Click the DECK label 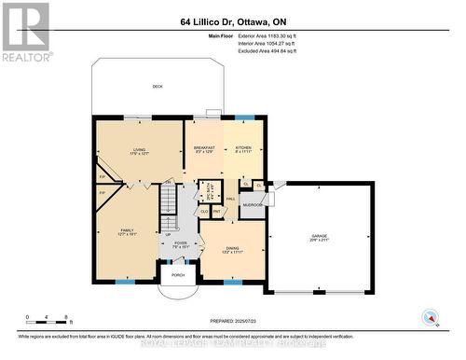158,87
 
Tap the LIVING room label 139,148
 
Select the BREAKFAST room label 204,148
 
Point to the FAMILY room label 126,230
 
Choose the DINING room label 231,250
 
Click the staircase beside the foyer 169,205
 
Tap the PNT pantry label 216,212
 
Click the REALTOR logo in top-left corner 25,31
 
